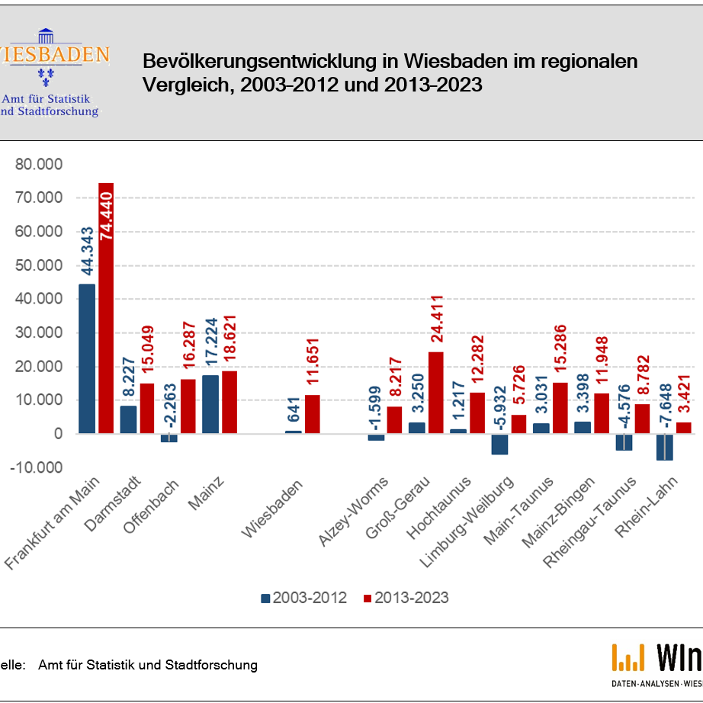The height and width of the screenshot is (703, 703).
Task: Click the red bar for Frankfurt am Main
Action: click(x=105, y=308)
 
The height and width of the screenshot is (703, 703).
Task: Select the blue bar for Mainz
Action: click(x=210, y=404)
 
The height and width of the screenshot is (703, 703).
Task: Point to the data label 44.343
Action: click(x=88, y=251)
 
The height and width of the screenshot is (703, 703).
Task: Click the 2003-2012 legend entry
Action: click(x=303, y=598)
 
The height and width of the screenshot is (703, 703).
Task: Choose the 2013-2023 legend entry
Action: click(x=406, y=598)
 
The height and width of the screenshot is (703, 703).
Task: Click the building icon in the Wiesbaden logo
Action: click(x=46, y=36)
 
